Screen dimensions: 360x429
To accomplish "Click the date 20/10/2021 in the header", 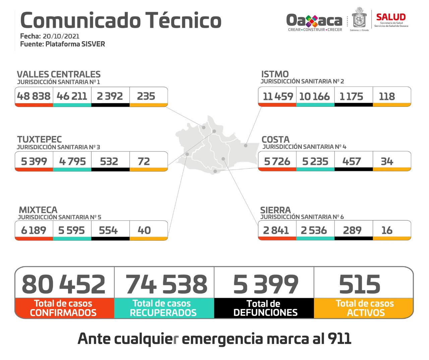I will [61, 36].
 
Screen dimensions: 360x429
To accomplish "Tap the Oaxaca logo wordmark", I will [314, 21].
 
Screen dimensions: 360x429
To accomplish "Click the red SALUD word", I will [391, 17].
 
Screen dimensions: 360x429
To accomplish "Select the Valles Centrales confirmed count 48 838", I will [34, 96].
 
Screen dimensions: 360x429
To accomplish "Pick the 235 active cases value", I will [146, 96].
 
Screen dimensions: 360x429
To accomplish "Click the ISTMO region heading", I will [275, 74].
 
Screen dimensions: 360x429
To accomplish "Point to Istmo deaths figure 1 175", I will [351, 97].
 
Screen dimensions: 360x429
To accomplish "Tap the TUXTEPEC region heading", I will [40, 139].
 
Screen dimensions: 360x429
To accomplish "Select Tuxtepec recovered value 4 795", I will [72, 162].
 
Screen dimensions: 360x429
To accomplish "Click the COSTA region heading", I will [275, 139].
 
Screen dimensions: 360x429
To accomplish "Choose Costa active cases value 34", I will [387, 162].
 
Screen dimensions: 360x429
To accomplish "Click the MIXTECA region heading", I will [38, 210].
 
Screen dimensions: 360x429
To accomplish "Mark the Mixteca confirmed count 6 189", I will [34, 230].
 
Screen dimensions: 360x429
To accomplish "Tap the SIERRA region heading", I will [275, 210].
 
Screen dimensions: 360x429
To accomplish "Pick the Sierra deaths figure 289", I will [352, 230].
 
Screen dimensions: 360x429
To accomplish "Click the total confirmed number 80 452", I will [64, 284].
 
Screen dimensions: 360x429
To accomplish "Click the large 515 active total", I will [360, 284].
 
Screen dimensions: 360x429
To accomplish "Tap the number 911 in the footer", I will [339, 339].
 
